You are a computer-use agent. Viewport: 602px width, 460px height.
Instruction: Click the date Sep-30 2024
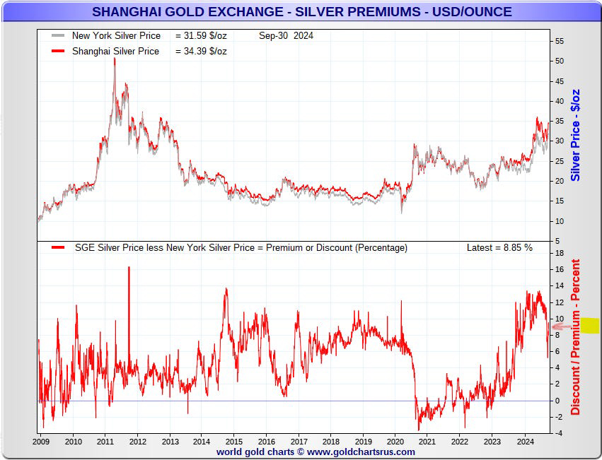coord(286,35)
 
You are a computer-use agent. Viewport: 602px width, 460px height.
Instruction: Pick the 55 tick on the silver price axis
coord(560,41)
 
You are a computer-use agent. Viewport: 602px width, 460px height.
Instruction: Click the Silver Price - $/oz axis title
coord(576,134)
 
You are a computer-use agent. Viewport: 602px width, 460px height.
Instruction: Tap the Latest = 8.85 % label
coord(499,248)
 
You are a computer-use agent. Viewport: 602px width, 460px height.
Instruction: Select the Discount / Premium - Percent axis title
coord(576,337)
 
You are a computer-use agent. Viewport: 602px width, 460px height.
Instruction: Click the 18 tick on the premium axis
coord(560,253)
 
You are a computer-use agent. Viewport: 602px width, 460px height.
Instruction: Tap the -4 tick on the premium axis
coord(558,434)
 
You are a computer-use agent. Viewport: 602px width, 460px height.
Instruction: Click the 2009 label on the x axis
coord(40,442)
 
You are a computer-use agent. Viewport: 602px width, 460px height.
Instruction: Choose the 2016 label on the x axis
coord(266,442)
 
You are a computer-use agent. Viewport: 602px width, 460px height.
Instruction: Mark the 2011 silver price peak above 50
coord(115,59)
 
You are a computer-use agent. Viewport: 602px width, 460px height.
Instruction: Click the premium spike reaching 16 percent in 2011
coord(129,268)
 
